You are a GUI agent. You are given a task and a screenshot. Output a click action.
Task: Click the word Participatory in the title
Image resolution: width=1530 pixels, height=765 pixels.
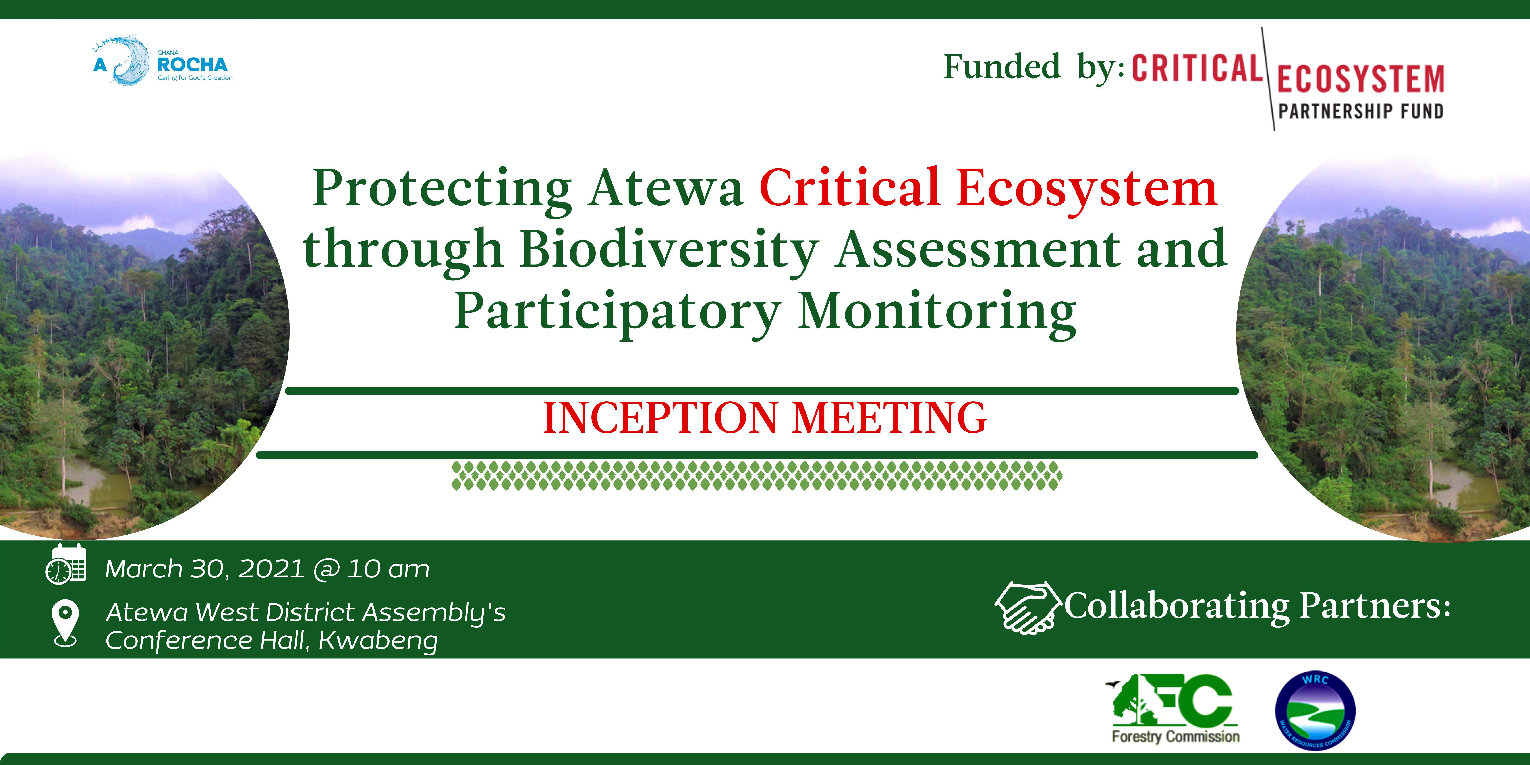point(618,313)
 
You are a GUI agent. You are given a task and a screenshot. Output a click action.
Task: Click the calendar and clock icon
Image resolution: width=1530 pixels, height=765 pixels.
point(66,564)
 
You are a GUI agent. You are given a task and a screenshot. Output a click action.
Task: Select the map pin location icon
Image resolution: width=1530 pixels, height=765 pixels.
point(65,624)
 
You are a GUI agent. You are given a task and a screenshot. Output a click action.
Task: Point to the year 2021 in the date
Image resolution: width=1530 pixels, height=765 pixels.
point(271,569)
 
